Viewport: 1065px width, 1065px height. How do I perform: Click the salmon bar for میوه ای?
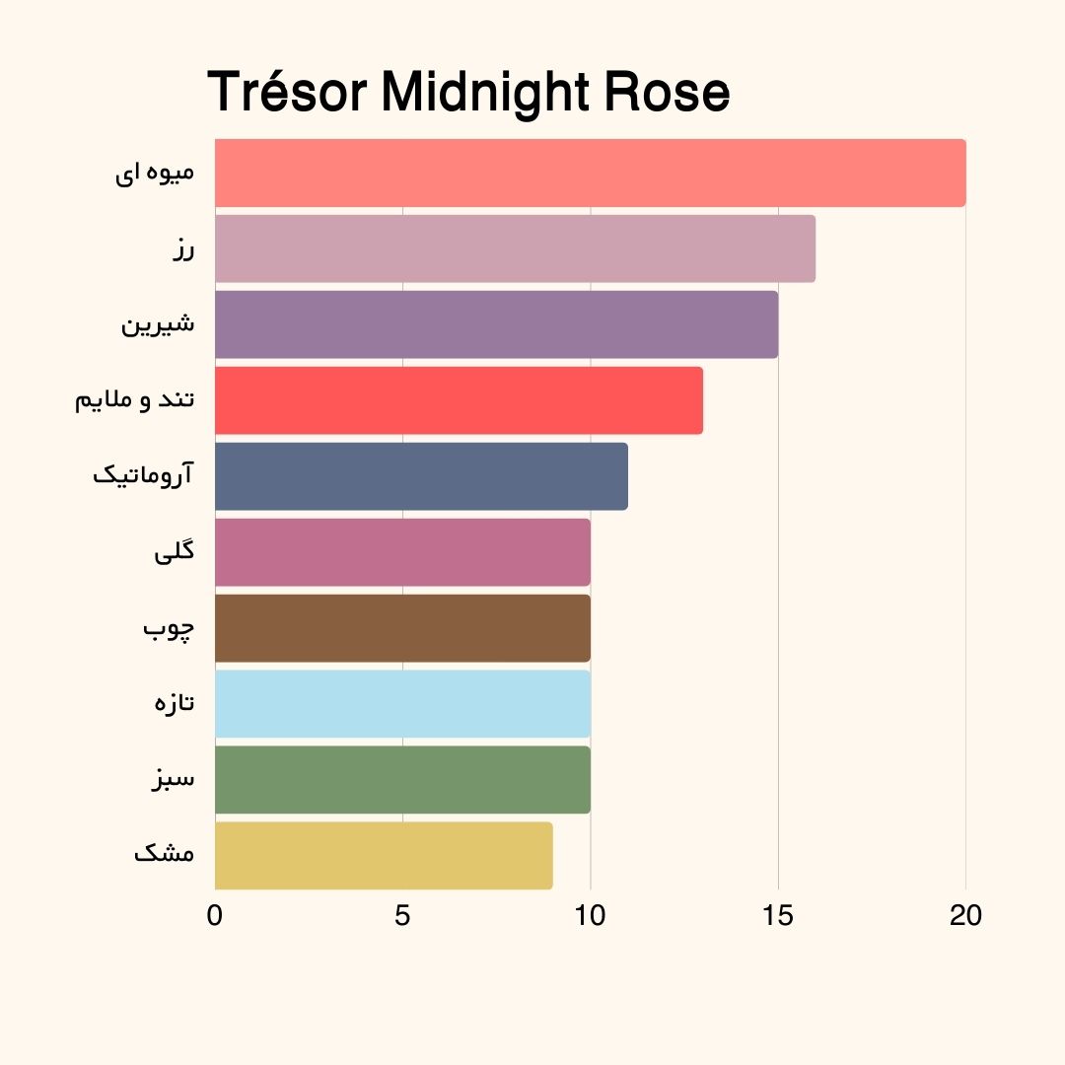[590, 173]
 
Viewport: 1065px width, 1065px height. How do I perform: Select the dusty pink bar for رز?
[515, 248]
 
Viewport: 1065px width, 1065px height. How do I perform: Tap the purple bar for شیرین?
[496, 324]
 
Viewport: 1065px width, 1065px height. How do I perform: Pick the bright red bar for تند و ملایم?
[459, 400]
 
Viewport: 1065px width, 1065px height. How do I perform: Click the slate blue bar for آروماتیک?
[421, 476]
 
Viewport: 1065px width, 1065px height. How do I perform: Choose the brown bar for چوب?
[402, 628]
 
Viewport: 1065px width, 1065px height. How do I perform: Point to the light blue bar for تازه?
[402, 704]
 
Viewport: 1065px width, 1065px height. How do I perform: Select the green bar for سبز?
[402, 780]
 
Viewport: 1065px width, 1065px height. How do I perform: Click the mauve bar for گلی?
[402, 552]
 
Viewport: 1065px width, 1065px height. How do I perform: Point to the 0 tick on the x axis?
[215, 915]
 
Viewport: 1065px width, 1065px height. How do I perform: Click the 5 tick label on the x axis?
[402, 915]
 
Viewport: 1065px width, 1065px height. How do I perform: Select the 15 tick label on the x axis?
[778, 915]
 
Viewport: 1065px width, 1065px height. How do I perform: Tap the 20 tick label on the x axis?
[965, 915]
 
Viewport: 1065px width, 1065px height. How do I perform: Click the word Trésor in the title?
[287, 94]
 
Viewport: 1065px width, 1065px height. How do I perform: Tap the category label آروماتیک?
[143, 475]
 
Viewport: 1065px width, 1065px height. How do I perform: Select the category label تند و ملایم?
[135, 400]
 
